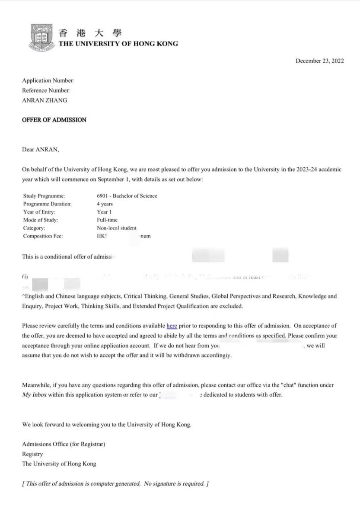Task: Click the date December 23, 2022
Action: tap(319, 61)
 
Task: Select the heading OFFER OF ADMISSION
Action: tap(54, 120)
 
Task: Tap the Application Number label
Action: tap(48, 80)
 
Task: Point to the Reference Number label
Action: tap(45, 90)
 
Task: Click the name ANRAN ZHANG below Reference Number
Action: tap(45, 100)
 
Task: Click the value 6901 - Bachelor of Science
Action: tap(127, 196)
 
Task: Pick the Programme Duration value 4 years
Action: tap(105, 204)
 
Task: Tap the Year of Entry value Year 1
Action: tap(104, 212)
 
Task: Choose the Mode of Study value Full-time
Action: tap(107, 220)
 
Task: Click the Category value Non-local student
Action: tap(117, 228)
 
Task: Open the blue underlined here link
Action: tap(172, 326)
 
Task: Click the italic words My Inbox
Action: tap(34, 395)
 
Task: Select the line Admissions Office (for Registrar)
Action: tap(64, 444)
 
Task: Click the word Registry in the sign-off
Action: tap(32, 454)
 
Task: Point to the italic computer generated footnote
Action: tap(115, 484)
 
